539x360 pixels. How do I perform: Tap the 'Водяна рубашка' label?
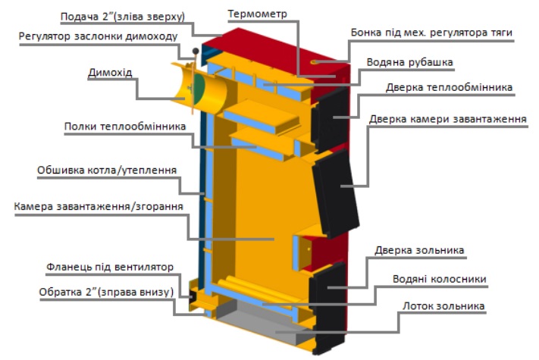pyautogui.click(x=410, y=61)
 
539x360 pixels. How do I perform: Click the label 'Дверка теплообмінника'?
pyautogui.click(x=449, y=87)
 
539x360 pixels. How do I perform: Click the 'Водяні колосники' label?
pyautogui.click(x=439, y=278)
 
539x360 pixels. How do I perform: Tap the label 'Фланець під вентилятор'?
pyautogui.click(x=110, y=267)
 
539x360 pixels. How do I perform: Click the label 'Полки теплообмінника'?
pyautogui.click(x=124, y=127)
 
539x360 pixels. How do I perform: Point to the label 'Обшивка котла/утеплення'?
pyautogui.click(x=107, y=171)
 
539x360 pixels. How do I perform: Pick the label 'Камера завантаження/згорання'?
pyautogui.click(x=99, y=206)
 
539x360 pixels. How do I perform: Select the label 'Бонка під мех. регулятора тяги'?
pyautogui.click(x=431, y=33)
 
